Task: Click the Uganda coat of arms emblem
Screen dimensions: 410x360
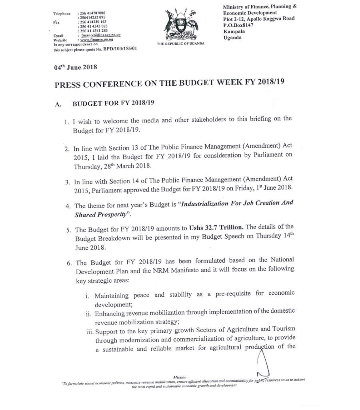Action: [x=181, y=24]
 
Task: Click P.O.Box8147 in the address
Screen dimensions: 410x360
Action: [x=240, y=24]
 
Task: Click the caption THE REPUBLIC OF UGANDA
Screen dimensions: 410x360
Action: [x=181, y=43]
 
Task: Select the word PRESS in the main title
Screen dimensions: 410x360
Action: [x=68, y=84]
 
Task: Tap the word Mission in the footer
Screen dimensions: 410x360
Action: [x=180, y=377]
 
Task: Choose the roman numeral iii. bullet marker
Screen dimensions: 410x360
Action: [x=88, y=330]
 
